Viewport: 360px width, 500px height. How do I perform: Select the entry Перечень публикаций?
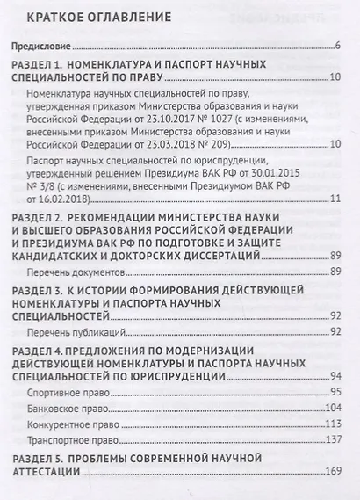[x=78, y=331]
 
